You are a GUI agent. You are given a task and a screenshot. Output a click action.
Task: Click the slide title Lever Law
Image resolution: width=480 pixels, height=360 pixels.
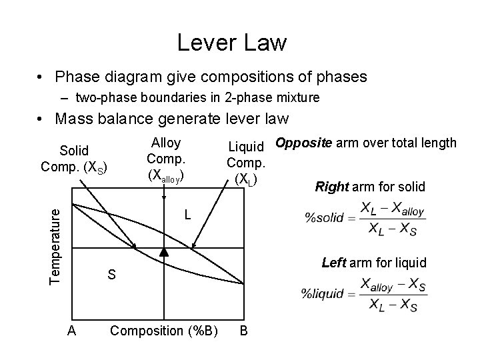[231, 43]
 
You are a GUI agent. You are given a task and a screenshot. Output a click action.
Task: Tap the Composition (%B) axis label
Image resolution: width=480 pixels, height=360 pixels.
[164, 331]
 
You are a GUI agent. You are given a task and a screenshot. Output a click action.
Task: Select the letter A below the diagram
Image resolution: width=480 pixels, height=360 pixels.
[71, 331]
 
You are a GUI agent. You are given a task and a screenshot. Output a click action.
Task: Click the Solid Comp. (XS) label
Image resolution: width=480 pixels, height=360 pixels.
[73, 158]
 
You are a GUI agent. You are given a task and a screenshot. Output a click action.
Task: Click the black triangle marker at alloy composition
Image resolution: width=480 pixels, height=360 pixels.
[164, 252]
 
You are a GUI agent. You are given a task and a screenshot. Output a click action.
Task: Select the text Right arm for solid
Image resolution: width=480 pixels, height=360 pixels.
[370, 187]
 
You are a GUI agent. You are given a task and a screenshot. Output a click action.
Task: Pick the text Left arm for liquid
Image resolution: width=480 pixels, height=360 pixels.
[374, 263]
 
